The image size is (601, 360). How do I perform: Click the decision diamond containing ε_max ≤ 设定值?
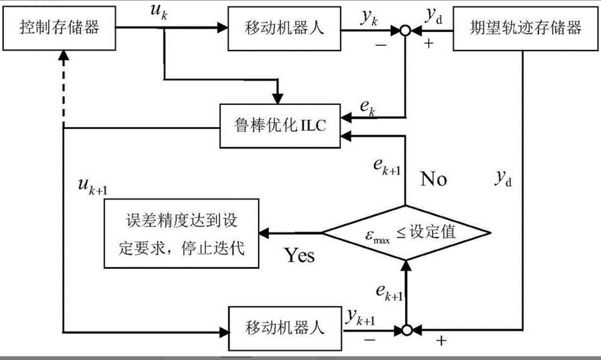406,233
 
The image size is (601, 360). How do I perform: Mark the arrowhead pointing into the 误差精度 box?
264,233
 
